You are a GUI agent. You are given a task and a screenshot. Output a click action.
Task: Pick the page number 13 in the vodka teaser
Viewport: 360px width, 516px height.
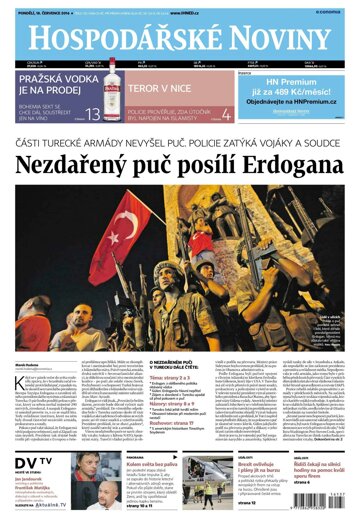click(x=92, y=115)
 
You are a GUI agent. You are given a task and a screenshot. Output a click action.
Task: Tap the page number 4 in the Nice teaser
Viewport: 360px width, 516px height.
click(x=226, y=115)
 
